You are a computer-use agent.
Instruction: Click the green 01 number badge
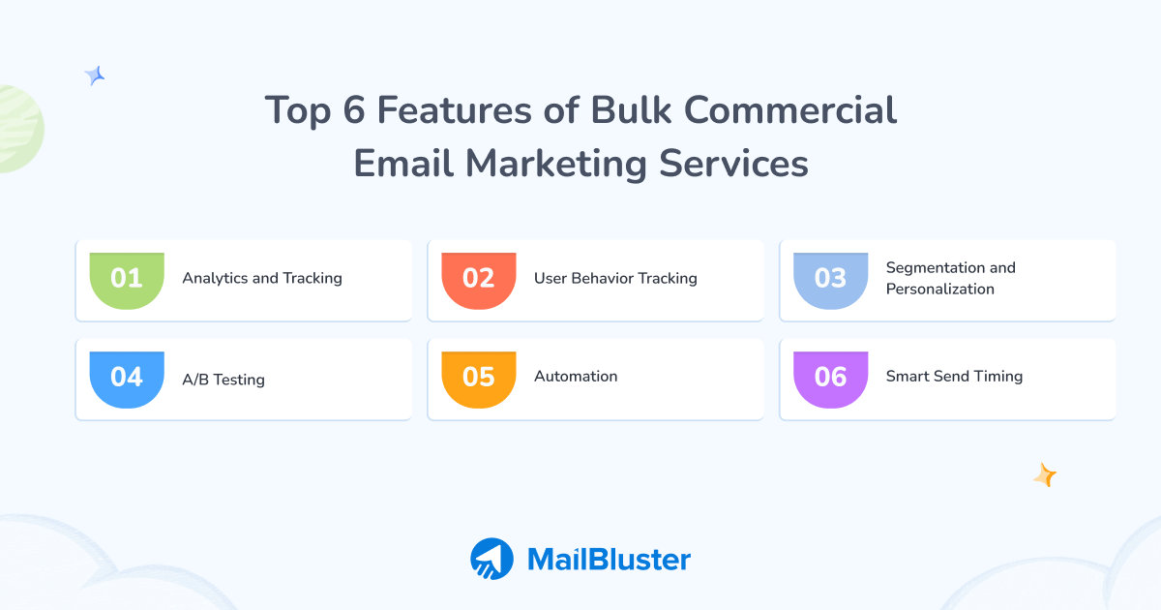[127, 280]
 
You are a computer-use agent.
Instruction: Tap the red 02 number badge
[479, 280]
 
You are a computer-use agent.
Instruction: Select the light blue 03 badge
[831, 280]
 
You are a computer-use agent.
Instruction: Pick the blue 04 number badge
[127, 378]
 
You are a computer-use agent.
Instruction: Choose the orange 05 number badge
[479, 378]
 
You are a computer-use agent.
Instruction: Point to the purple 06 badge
[831, 378]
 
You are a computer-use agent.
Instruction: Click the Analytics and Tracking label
[262, 279]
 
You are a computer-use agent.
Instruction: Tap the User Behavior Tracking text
[615, 279]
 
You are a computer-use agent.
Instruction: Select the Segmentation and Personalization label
[950, 279]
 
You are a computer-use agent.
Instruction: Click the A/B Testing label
[223, 380]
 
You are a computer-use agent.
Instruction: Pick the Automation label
[576, 377]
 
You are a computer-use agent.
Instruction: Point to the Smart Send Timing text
[954, 377]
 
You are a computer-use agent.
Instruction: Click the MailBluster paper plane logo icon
[491, 559]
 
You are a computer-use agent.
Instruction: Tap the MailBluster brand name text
[609, 560]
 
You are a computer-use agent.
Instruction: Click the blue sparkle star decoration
[95, 76]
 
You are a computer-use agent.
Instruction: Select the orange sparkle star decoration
[1044, 474]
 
